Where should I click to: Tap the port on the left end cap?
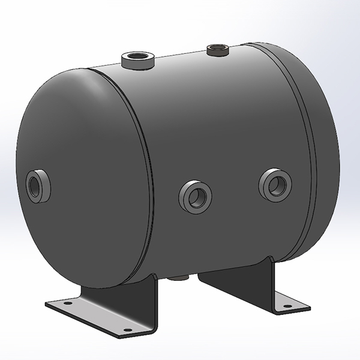click(38, 186)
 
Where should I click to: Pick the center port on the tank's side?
click(196, 196)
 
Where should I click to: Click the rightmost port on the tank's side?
click(275, 185)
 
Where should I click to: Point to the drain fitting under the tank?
click(178, 277)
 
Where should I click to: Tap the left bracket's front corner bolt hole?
click(127, 330)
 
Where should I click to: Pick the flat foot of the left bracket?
click(96, 315)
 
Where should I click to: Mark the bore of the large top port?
click(137, 59)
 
